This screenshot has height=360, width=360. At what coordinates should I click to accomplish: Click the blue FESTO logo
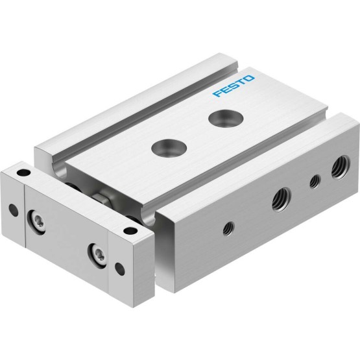tap(234, 86)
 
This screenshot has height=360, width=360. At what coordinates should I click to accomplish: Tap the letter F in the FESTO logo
tap(217, 93)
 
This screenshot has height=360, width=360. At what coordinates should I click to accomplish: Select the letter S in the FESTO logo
tap(233, 86)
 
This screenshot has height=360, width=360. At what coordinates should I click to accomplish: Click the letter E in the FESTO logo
tap(225, 90)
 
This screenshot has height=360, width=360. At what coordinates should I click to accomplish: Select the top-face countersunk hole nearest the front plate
tap(169, 147)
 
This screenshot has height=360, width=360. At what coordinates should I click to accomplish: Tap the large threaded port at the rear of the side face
tap(341, 167)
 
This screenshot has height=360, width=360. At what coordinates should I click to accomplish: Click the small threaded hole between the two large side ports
tap(315, 182)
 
